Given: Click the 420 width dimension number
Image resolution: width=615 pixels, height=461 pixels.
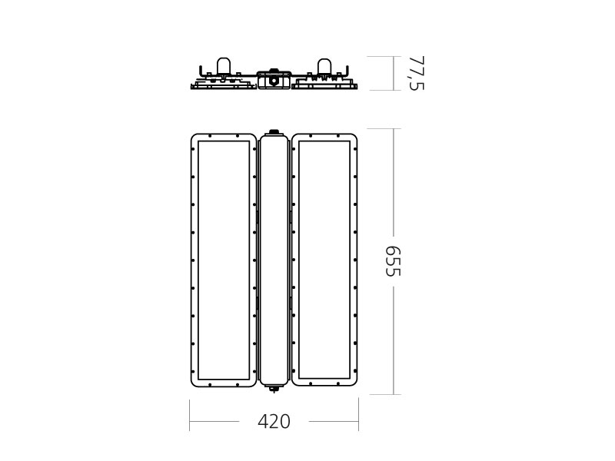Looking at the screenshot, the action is (274, 422).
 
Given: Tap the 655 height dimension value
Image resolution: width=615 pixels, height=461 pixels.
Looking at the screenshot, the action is (393, 261).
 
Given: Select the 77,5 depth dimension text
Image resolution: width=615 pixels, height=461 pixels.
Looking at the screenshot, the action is (417, 73).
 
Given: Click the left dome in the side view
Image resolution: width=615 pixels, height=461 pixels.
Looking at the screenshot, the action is (224, 65).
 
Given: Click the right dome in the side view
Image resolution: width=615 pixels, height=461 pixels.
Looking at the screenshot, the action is (324, 65).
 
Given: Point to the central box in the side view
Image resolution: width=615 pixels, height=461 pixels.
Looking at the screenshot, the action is (274, 80).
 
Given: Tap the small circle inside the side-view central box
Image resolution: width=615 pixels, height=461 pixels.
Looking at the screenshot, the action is (274, 81).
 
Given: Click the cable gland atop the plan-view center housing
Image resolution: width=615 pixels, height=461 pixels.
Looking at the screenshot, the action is (274, 131).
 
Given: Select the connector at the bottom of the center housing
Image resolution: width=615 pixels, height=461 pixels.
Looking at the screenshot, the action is (274, 389).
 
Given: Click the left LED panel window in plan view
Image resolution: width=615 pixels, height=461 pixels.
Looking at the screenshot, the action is (224, 260).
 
